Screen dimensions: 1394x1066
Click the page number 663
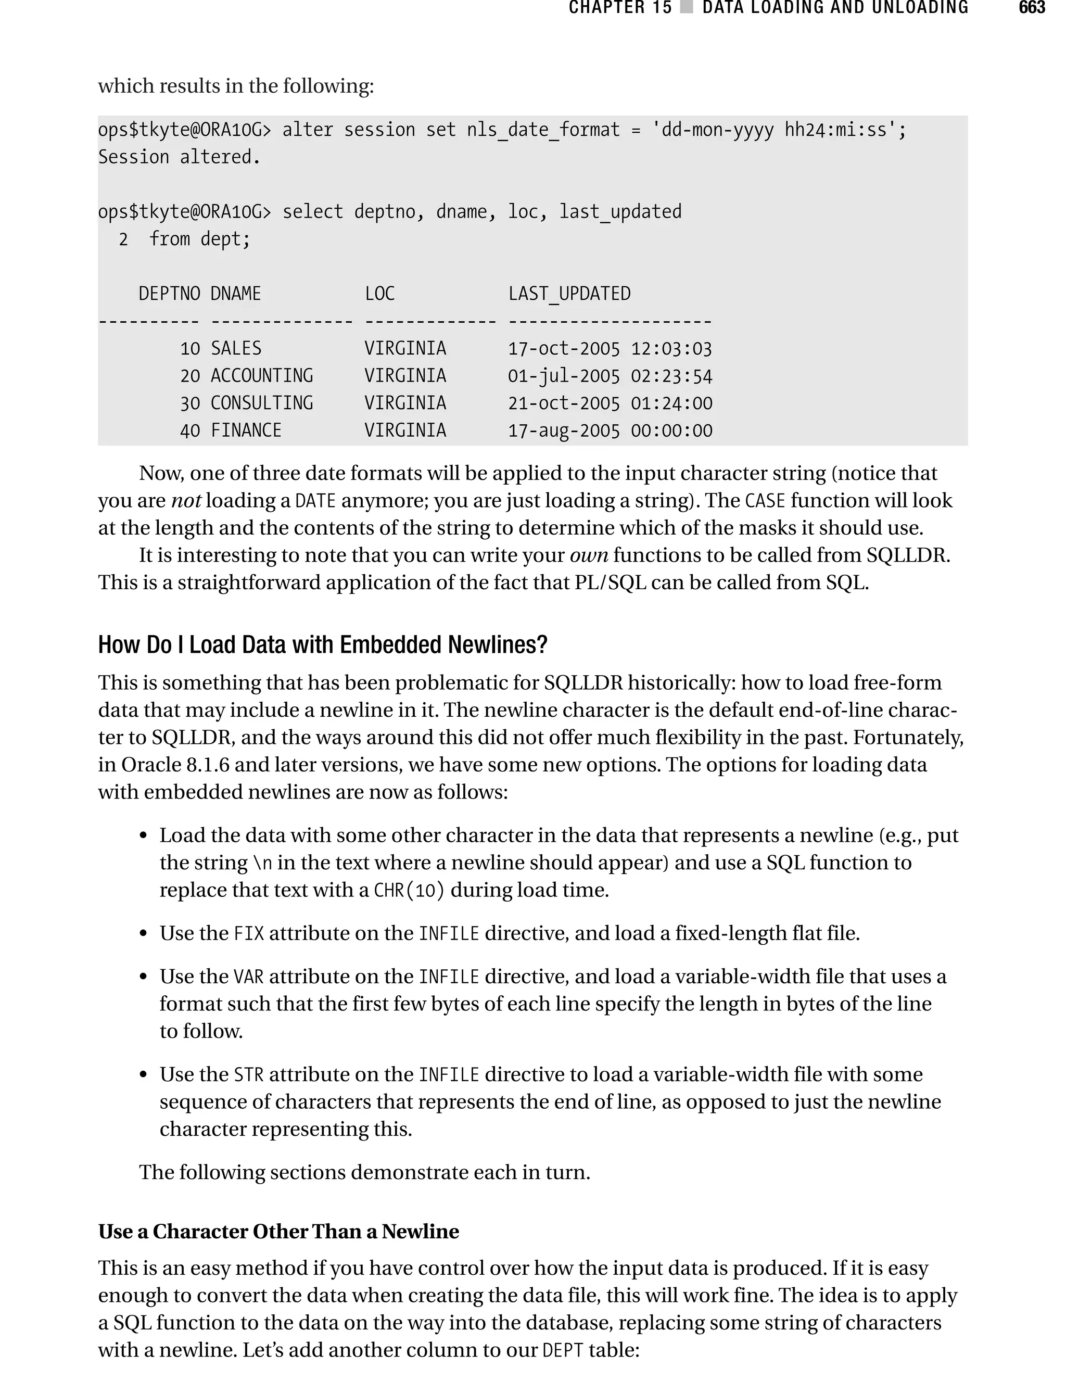[x=1031, y=8]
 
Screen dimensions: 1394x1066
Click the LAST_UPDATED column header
[x=569, y=294]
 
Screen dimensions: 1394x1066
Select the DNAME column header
[x=235, y=294]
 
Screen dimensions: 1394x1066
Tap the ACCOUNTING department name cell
[x=261, y=376]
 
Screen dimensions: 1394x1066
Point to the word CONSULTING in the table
[x=261, y=403]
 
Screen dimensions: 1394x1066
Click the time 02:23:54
[x=671, y=376]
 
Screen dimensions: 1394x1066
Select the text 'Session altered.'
[x=179, y=157]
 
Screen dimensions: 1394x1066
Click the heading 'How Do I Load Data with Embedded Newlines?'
[x=322, y=644]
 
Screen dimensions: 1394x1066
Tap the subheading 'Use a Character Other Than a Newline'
[x=278, y=1231]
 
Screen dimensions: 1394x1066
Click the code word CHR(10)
[x=409, y=890]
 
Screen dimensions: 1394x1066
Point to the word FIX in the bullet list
[x=249, y=933]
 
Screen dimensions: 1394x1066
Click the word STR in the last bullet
[x=249, y=1075]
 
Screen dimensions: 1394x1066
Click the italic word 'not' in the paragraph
[x=186, y=501]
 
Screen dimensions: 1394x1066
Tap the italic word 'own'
[x=589, y=555]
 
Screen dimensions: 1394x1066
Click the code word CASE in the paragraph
[x=765, y=501]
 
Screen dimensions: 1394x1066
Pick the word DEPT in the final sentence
[x=563, y=1350]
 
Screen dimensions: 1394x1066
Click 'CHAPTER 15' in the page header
[x=620, y=8]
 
